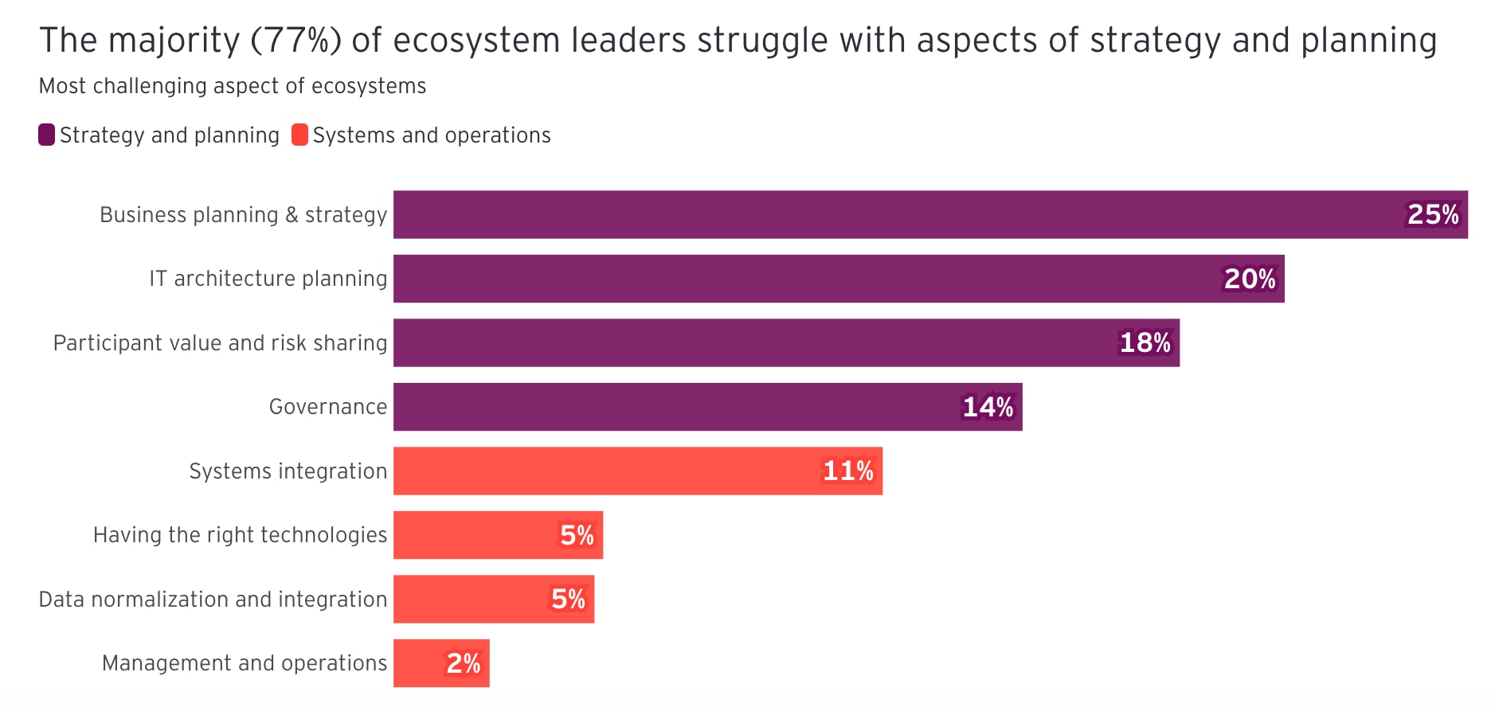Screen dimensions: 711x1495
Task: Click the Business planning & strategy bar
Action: click(876, 214)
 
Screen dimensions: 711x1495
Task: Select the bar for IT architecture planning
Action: click(796, 279)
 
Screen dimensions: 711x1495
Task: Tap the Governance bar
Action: click(677, 407)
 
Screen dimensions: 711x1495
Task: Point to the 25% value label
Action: click(1433, 214)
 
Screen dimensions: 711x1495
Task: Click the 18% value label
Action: click(1145, 342)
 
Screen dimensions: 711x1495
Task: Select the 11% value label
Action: click(848, 471)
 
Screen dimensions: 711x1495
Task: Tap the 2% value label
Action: click(464, 662)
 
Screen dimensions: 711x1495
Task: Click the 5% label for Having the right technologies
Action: click(577, 535)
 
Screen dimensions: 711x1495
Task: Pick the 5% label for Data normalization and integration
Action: click(569, 599)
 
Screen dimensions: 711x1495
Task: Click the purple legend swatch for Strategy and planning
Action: click(46, 135)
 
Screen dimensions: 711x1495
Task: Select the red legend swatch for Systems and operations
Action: click(299, 135)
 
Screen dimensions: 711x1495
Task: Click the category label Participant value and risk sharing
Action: click(220, 342)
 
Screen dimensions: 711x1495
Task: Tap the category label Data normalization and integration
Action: click(213, 599)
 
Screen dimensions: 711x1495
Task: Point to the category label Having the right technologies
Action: click(240, 535)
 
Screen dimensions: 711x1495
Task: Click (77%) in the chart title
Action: click(295, 40)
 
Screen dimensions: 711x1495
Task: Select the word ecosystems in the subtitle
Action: click(369, 86)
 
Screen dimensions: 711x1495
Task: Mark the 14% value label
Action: click(988, 407)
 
